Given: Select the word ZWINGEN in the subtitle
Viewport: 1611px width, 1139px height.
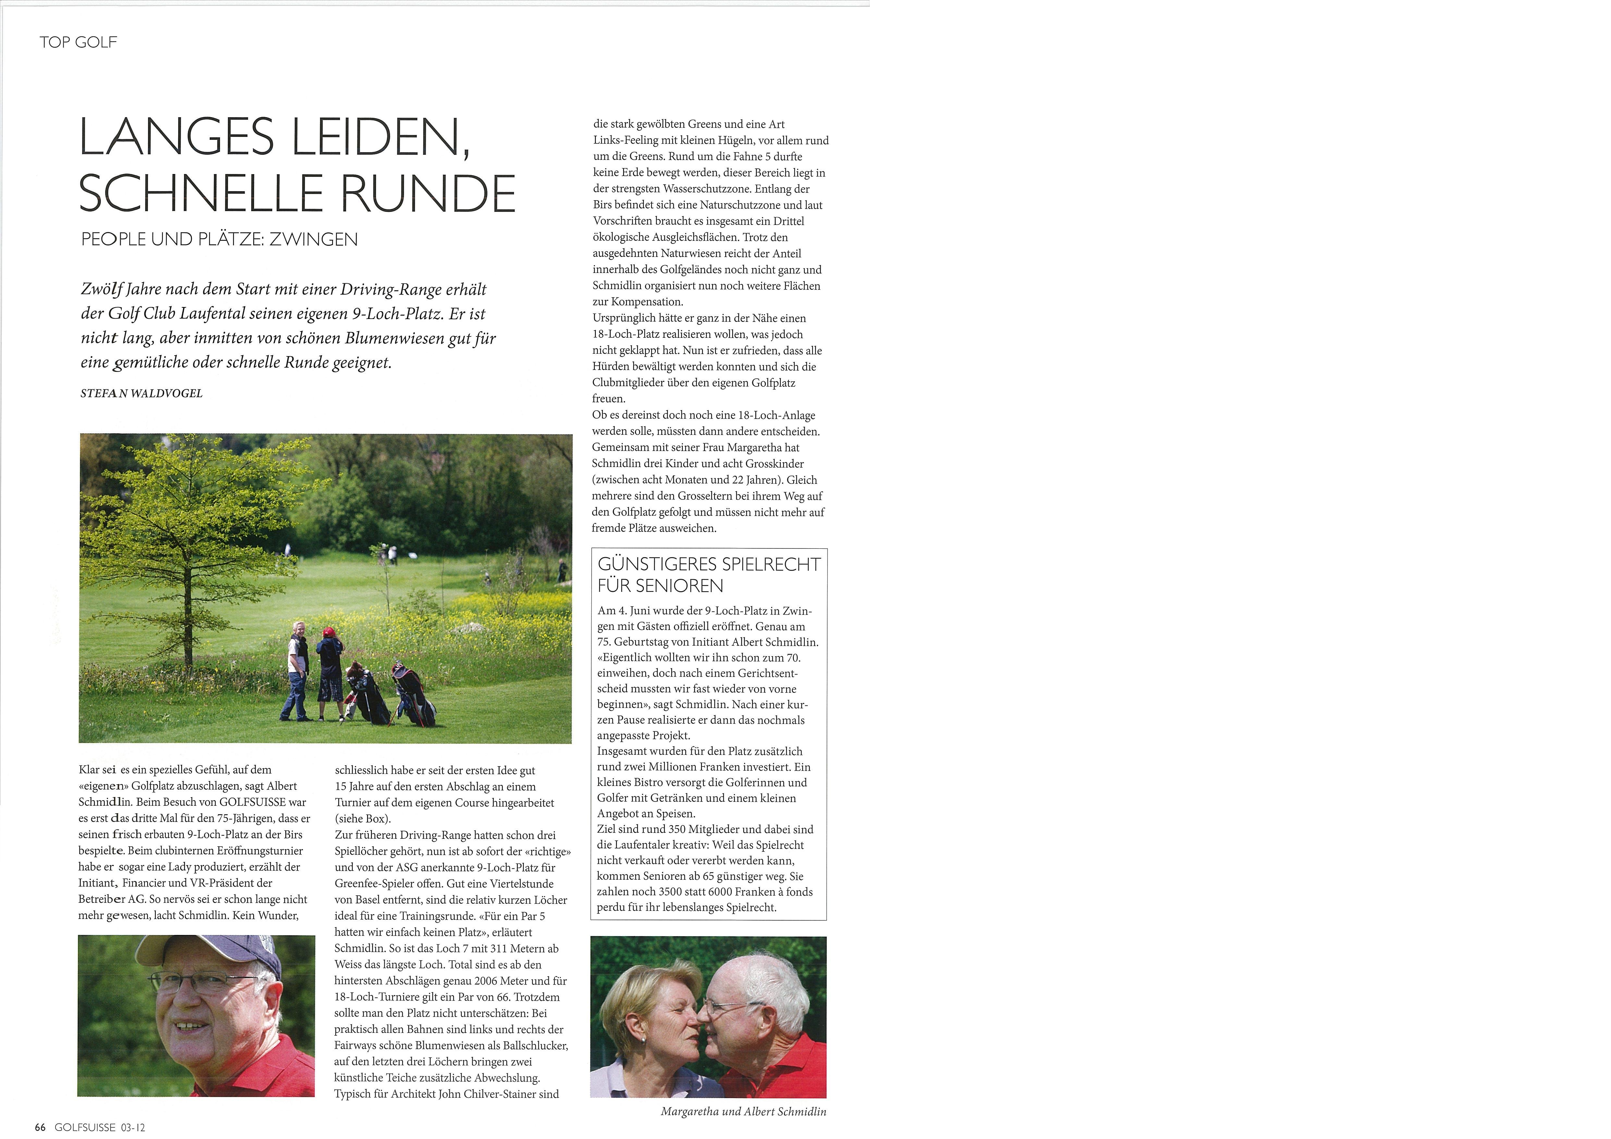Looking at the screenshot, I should tap(314, 239).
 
